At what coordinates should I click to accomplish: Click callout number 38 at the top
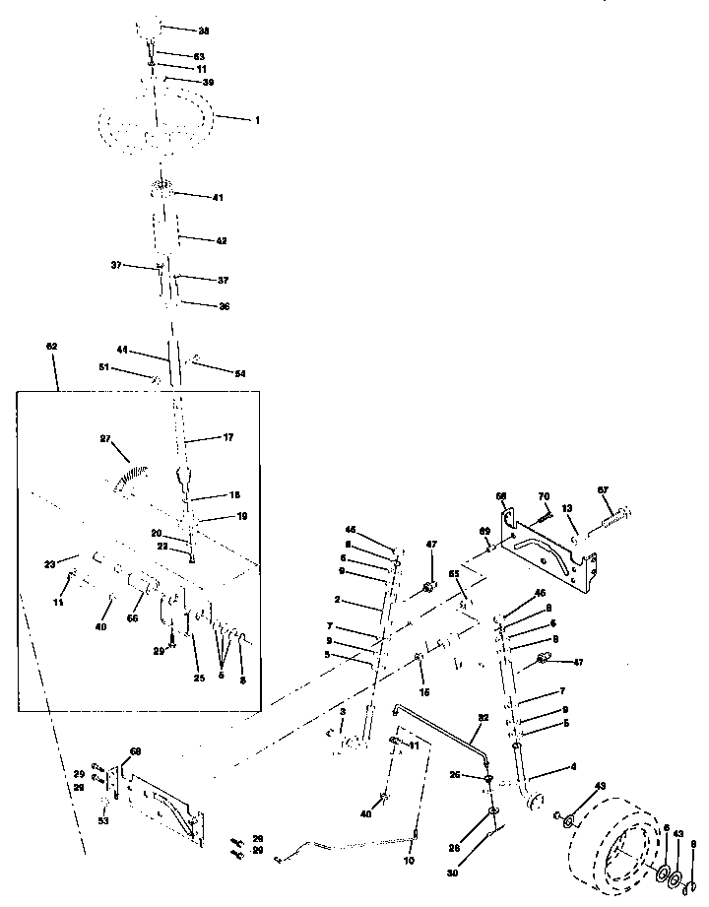point(204,31)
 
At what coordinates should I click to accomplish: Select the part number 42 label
point(222,239)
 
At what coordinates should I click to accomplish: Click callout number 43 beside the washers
point(677,835)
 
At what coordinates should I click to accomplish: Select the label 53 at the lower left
point(103,819)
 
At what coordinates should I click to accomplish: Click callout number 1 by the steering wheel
point(257,120)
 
